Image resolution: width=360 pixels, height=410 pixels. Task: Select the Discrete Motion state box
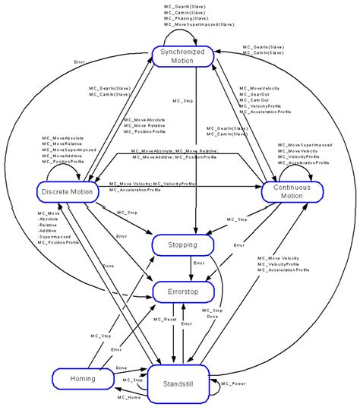pyautogui.click(x=67, y=191)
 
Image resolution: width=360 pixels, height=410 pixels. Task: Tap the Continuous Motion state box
pyautogui.click(x=292, y=191)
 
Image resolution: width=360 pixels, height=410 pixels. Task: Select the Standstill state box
pyautogui.click(x=179, y=383)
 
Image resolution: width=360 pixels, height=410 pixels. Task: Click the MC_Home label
pyautogui.click(x=130, y=397)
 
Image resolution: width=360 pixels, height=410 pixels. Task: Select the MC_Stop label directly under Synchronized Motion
pyautogui.click(x=182, y=100)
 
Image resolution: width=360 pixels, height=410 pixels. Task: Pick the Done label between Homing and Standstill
pyautogui.click(x=122, y=368)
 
